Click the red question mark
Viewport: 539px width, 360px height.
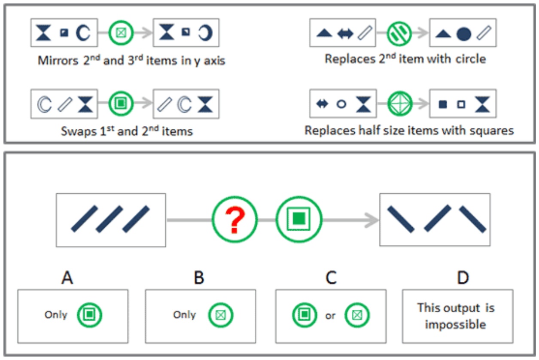(235, 220)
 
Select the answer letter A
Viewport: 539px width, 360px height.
(67, 278)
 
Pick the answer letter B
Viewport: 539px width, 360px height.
(199, 278)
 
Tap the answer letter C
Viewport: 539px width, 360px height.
(331, 278)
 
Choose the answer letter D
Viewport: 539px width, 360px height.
(463, 278)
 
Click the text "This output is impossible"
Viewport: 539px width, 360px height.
(456, 316)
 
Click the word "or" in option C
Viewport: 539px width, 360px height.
(330, 316)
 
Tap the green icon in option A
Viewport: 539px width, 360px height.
(89, 315)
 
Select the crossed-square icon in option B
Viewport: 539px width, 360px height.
(221, 315)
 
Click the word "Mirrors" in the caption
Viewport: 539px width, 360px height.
(58, 61)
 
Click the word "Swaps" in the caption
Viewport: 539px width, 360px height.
(79, 131)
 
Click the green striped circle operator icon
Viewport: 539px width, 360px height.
(399, 33)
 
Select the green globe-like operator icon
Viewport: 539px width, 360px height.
(400, 104)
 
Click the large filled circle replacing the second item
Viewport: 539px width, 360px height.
(463, 34)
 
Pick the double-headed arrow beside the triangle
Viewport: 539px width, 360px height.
(345, 34)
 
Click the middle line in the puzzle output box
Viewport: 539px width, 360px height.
(437, 218)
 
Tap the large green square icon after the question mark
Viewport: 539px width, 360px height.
(298, 219)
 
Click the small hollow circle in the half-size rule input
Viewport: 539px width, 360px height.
(341, 104)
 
